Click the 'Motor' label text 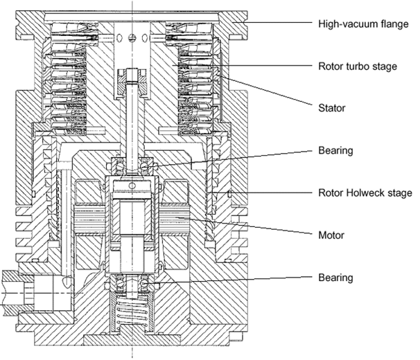[331, 235]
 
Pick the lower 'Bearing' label [335, 278]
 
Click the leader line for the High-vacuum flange [277, 23]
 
